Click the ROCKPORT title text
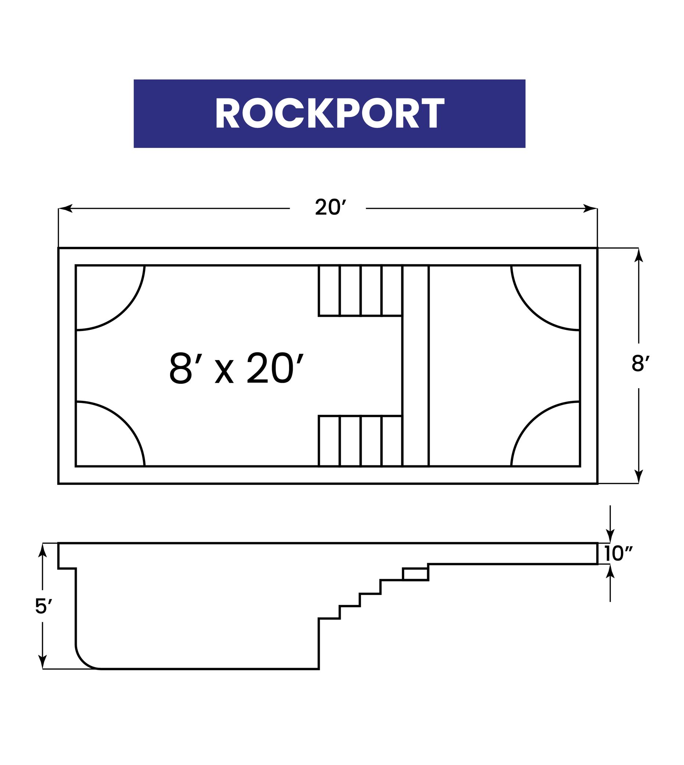click(330, 113)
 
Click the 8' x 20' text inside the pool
click(236, 368)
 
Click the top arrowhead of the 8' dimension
click(639, 255)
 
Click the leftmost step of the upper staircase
click(329, 290)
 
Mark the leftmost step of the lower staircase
click(329, 441)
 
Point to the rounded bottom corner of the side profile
click(83, 661)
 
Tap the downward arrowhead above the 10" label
click(610, 536)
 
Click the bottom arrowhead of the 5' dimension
click(42, 662)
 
